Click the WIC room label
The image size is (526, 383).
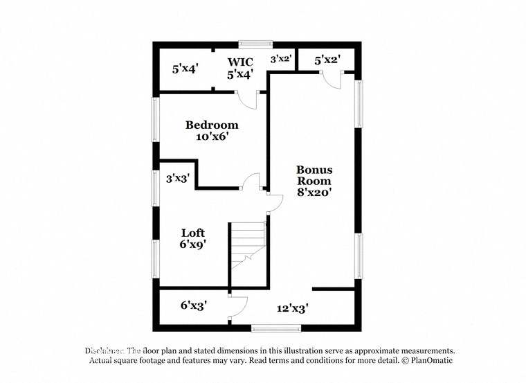[241, 62]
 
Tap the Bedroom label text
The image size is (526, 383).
[212, 125]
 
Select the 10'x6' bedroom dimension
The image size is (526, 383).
[212, 137]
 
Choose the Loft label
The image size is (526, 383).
[193, 233]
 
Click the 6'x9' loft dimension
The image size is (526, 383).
[193, 244]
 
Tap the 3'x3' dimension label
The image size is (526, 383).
[177, 178]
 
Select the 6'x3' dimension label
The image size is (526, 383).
[194, 305]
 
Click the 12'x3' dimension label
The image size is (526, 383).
[292, 308]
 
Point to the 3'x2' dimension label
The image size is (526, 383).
[280, 60]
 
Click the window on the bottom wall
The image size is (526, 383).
[270, 328]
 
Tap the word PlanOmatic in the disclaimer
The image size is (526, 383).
[430, 361]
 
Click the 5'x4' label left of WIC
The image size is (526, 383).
[185, 69]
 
